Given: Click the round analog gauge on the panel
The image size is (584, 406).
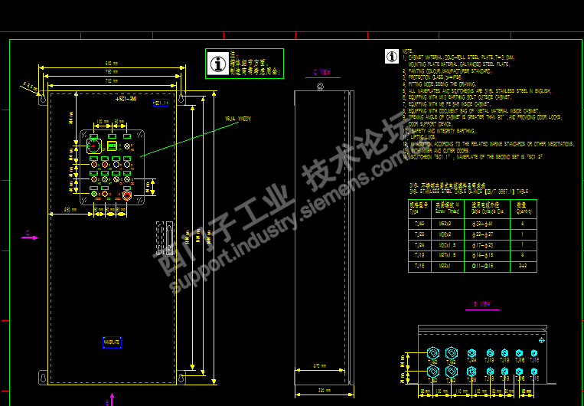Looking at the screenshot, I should click(93, 146).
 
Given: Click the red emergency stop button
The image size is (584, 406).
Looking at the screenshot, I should click(127, 195).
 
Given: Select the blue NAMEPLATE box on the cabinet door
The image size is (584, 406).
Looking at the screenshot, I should click(112, 342).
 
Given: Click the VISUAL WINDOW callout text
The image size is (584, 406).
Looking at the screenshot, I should click(237, 119).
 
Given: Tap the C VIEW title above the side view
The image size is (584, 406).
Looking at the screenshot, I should click(321, 72).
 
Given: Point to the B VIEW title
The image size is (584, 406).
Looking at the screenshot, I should click(481, 304).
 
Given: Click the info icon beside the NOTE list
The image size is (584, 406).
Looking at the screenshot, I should click(391, 57).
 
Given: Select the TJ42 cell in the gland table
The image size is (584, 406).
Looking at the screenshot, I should click(419, 224).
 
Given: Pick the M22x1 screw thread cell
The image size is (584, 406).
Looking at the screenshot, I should click(445, 266).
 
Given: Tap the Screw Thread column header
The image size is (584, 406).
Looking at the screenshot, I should click(445, 208).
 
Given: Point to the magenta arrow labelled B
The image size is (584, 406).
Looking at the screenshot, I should click(111, 398).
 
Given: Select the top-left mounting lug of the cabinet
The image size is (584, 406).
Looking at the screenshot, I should click(42, 100).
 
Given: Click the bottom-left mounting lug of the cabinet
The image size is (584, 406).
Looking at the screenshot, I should click(42, 376).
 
